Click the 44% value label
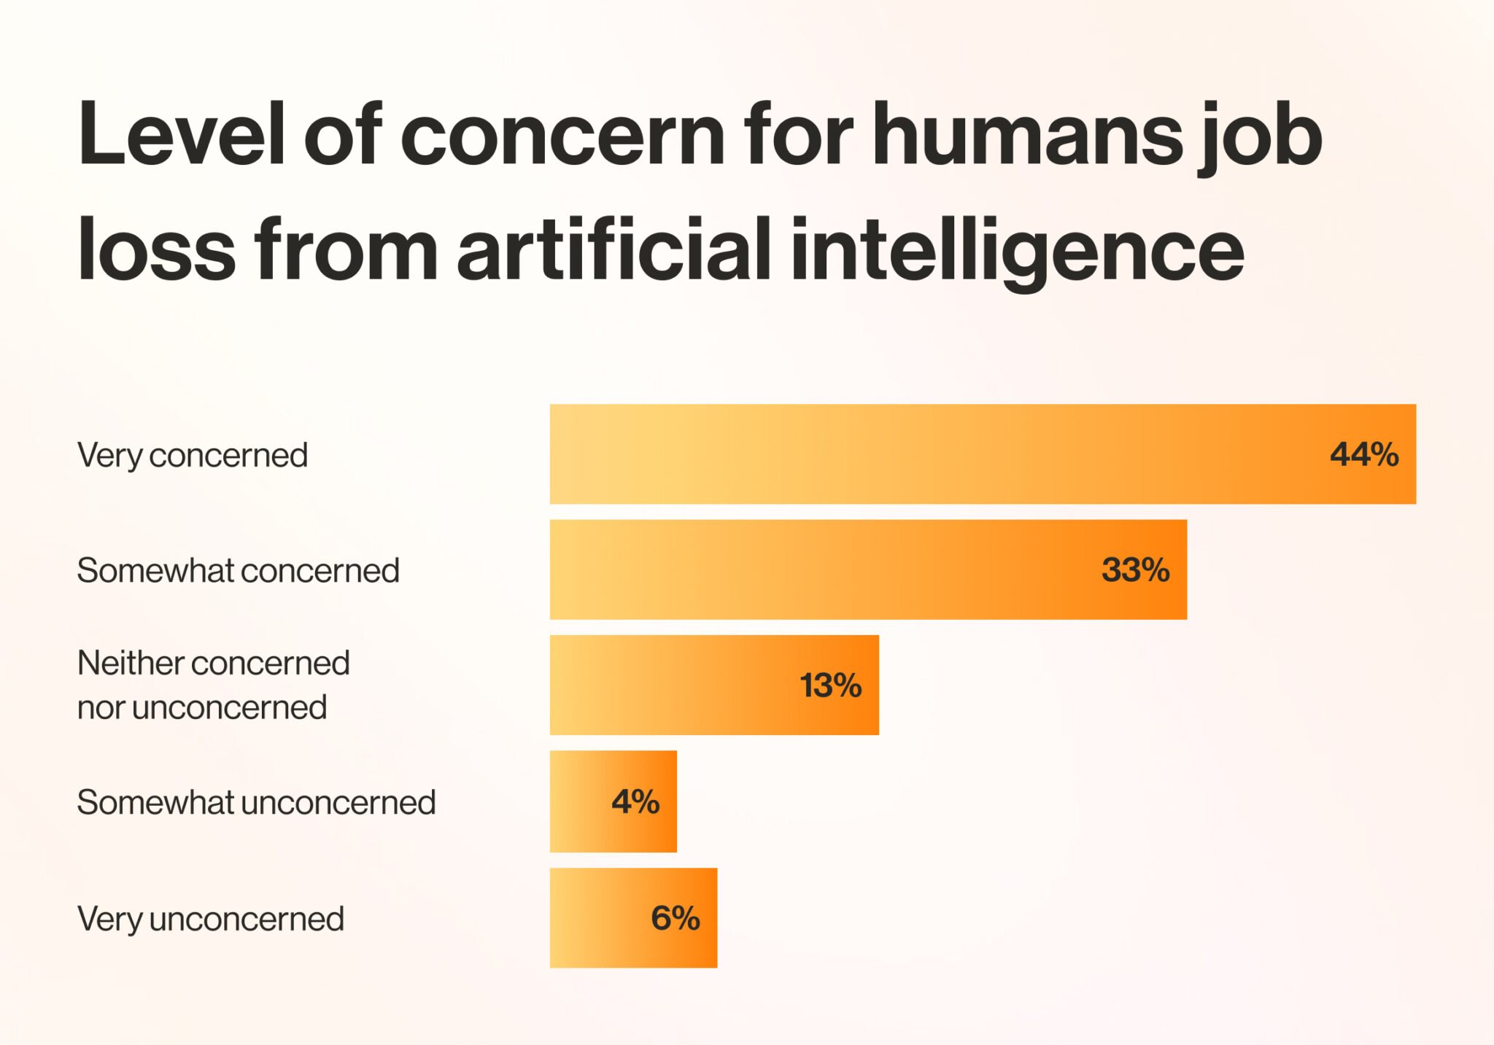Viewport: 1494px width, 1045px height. coord(1363,454)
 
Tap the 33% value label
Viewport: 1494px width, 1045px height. coord(1135,570)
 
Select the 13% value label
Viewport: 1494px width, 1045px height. coord(830,685)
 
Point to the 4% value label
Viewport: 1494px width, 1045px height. coord(635,801)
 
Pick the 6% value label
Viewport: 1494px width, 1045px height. coord(675,917)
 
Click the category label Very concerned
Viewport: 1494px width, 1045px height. coord(193,455)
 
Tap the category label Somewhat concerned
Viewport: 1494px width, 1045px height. coord(239,570)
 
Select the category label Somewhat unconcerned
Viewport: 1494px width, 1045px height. coord(256,802)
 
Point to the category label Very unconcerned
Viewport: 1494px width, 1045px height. coord(210,918)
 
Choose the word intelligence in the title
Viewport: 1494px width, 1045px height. coord(1017,252)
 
